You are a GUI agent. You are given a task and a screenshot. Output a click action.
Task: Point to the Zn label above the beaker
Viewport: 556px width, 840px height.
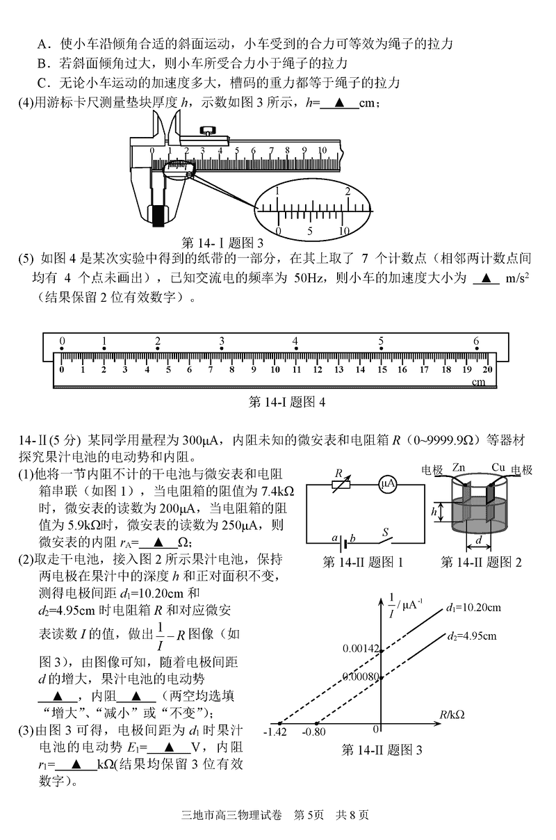(458, 468)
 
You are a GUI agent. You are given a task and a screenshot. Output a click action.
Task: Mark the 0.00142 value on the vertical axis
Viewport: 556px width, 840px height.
(361, 648)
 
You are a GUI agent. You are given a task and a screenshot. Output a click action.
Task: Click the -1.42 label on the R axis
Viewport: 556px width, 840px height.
(275, 732)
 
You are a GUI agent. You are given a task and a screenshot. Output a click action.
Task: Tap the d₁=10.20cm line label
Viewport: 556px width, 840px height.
(474, 607)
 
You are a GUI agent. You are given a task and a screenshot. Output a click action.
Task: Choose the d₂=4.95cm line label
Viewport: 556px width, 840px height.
(472, 636)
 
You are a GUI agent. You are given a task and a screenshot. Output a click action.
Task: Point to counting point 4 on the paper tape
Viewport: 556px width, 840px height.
(295, 341)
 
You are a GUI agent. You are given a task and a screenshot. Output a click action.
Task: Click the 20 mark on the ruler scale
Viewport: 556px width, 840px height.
(487, 370)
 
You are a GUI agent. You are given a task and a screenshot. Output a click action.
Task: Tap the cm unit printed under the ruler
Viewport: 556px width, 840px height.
(479, 382)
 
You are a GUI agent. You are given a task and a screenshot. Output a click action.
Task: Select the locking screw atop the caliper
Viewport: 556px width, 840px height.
(207, 129)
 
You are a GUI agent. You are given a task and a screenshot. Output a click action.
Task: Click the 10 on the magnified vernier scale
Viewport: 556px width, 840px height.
(343, 231)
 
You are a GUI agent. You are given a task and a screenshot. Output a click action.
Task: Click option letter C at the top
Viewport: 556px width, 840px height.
(42, 83)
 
